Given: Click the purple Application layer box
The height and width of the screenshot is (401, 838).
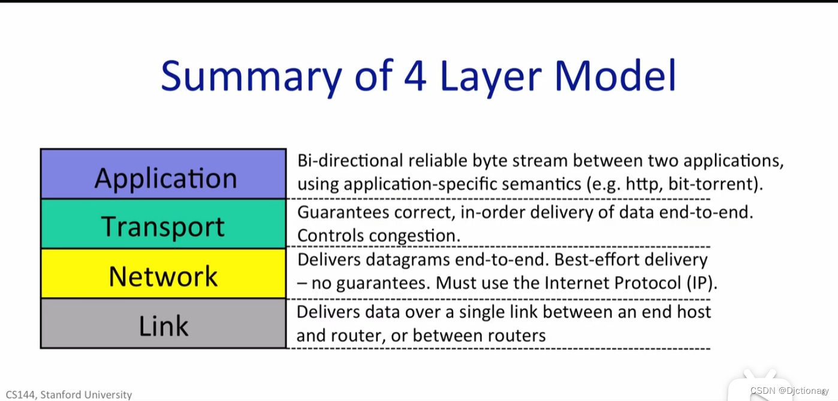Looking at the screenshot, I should tap(163, 175).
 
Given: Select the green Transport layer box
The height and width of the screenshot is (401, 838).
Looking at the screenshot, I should tap(163, 225).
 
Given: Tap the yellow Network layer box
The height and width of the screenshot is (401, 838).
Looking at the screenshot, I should tap(163, 274).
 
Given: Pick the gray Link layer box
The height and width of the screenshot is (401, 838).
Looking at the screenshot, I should tap(163, 324).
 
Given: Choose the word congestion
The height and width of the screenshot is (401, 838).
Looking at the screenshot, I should tap(415, 236).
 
